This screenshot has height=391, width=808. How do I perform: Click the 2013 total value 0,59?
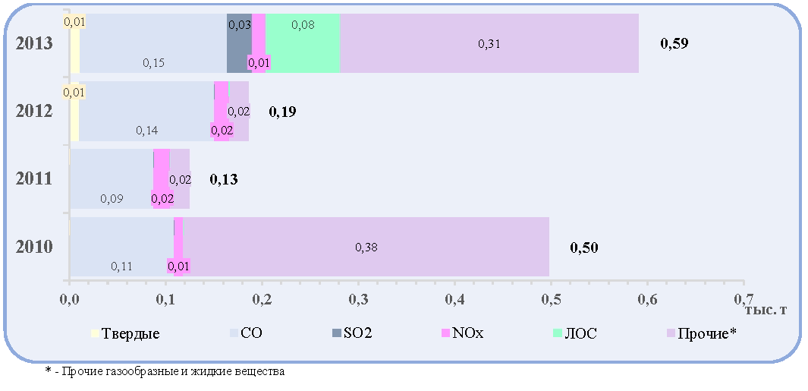674,43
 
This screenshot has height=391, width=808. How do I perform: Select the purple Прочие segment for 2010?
366,247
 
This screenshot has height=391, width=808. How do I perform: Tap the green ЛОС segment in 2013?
303,43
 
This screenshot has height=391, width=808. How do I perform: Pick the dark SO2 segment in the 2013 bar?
239,43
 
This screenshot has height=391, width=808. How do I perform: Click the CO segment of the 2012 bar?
146,111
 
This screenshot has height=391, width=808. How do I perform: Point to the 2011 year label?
34,179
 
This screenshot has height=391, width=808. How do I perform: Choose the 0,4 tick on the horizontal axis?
454,300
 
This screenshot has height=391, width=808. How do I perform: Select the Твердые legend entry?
125,333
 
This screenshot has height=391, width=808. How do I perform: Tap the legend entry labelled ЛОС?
575,333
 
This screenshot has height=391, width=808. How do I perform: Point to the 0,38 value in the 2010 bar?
366,248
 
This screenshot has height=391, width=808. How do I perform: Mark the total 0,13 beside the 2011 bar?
224,179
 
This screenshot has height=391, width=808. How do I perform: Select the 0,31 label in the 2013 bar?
489,44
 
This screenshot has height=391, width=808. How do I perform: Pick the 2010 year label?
34,247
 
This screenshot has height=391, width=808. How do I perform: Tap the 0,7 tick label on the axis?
744,300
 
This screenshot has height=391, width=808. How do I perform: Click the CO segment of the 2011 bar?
112,179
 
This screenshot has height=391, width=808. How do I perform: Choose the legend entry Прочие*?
701,333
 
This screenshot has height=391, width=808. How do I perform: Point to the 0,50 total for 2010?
584,248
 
